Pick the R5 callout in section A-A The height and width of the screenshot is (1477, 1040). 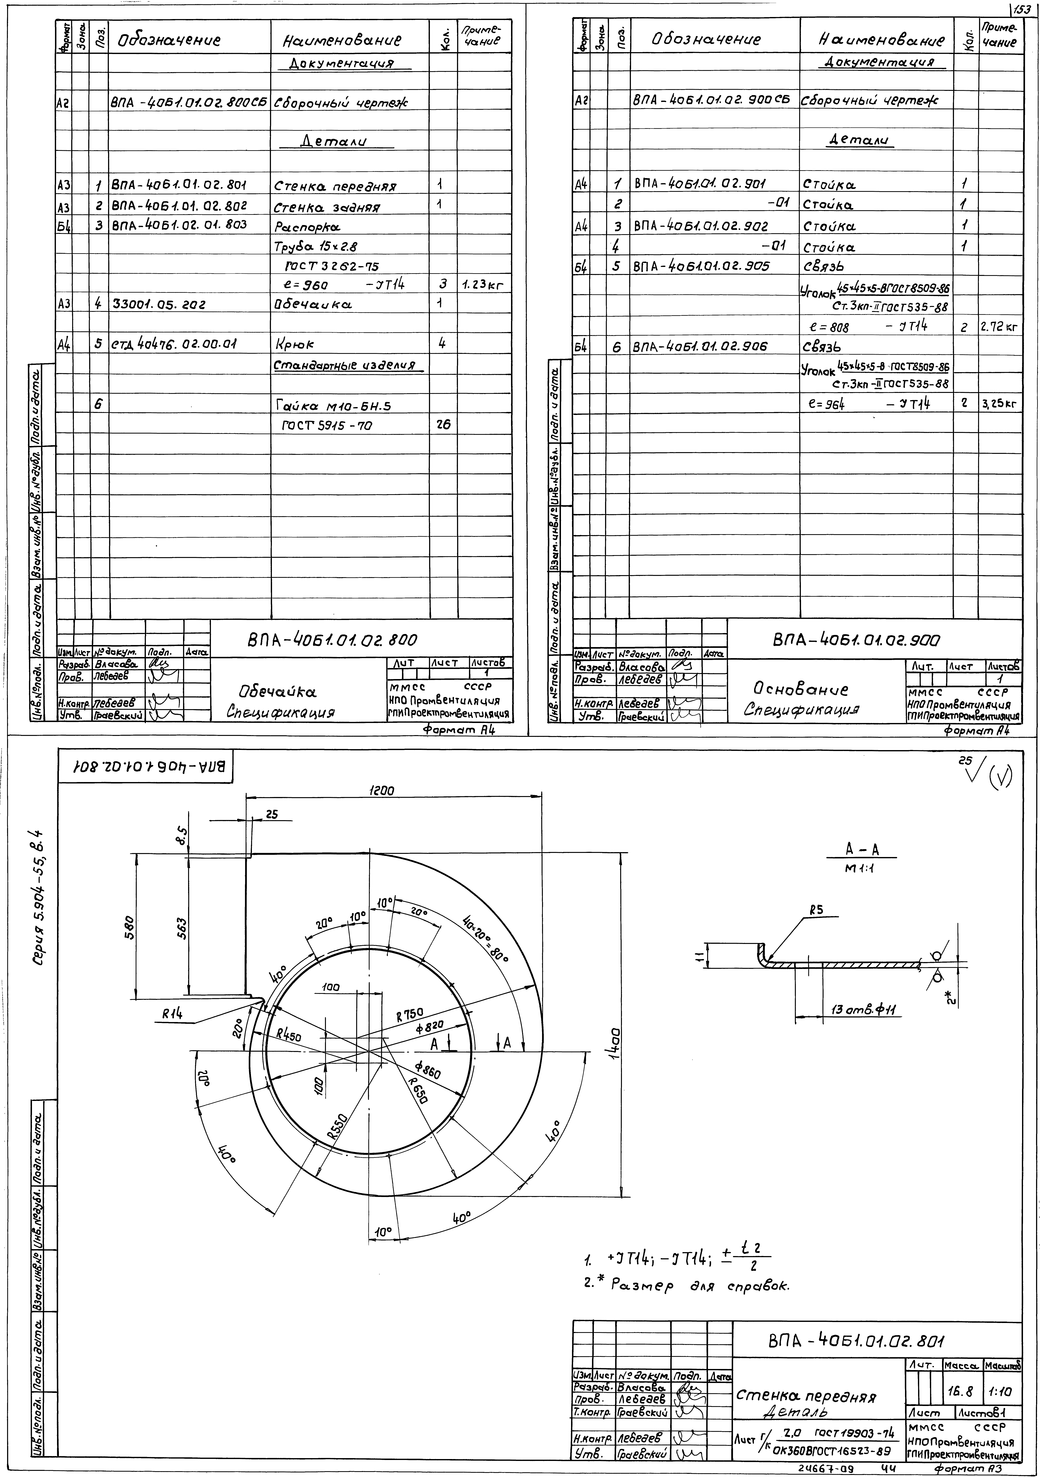[x=817, y=910]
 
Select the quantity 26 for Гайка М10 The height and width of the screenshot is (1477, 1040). [x=443, y=425]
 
